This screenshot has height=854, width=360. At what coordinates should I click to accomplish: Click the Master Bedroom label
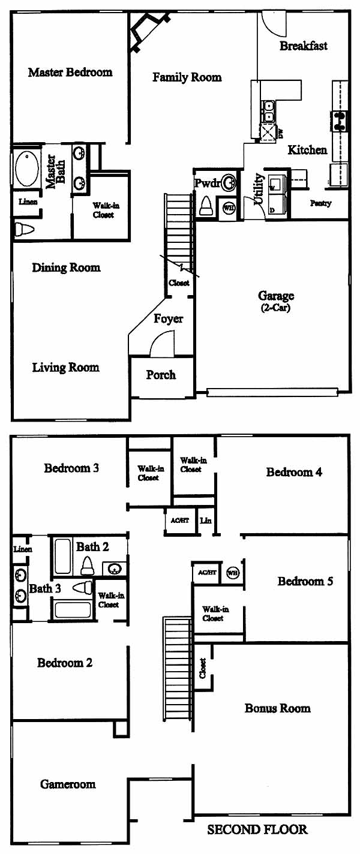tap(70, 72)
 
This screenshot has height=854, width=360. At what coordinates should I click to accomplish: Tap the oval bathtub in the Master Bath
tap(26, 169)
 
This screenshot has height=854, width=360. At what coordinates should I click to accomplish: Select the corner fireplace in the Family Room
tap(149, 30)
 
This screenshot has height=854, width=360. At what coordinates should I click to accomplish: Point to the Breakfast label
tap(304, 46)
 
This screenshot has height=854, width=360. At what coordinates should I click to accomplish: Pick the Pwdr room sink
tap(229, 184)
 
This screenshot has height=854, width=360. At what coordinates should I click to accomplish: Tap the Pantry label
tap(320, 203)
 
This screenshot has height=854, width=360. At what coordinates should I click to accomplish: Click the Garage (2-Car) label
tap(276, 301)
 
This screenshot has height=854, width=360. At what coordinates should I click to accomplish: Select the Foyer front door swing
tap(162, 344)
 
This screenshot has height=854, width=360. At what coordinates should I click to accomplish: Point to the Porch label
tap(161, 375)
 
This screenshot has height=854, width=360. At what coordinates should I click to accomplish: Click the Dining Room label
tap(66, 267)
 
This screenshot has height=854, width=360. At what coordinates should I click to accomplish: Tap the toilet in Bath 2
tap(88, 565)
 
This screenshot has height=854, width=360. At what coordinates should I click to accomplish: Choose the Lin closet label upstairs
tap(206, 520)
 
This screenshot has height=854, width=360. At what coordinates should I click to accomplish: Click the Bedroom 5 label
tap(305, 581)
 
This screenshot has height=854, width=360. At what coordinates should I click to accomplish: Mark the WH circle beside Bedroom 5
tap(233, 573)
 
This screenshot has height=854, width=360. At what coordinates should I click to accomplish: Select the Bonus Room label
tap(277, 708)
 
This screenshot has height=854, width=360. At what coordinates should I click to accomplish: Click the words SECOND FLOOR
tap(257, 829)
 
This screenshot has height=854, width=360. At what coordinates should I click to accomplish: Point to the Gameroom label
tap(68, 784)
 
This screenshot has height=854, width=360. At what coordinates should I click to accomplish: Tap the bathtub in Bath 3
tap(73, 609)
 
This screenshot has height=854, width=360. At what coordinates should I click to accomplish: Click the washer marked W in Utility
tap(276, 184)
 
